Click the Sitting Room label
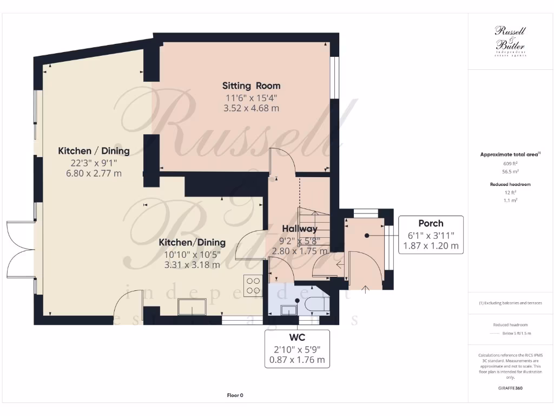pyautogui.click(x=251, y=86)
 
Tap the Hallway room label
pyautogui.click(x=299, y=229)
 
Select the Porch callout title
pyautogui.click(x=431, y=223)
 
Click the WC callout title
pyautogui.click(x=297, y=337)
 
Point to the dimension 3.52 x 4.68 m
pyautogui.click(x=251, y=108)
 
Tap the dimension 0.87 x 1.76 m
pyautogui.click(x=297, y=359)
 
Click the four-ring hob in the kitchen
pyautogui.click(x=253, y=284)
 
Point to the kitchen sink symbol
pyautogui.click(x=192, y=307)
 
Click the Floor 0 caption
pyautogui.click(x=235, y=395)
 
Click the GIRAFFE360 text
pyautogui.click(x=510, y=388)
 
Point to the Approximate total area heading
pyautogui.click(x=510, y=154)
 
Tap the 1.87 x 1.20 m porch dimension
pyautogui.click(x=431, y=245)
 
